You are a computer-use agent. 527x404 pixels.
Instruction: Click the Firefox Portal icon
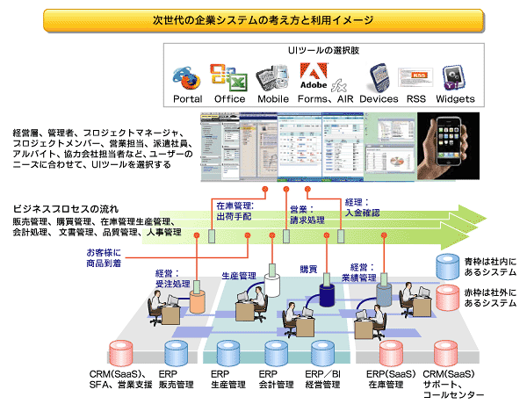[186, 78]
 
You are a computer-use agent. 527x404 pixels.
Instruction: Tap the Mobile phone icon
[272, 78]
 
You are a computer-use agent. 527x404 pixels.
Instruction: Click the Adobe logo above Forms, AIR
[314, 78]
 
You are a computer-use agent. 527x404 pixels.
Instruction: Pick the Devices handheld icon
[379, 78]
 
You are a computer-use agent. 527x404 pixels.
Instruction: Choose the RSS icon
[415, 76]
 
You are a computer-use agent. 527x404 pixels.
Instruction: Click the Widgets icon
[453, 78]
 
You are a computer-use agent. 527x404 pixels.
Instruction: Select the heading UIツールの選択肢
[319, 53]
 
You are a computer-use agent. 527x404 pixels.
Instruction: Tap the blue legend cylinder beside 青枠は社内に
[449, 266]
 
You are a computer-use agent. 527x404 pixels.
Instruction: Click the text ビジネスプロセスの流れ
[65, 212]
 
